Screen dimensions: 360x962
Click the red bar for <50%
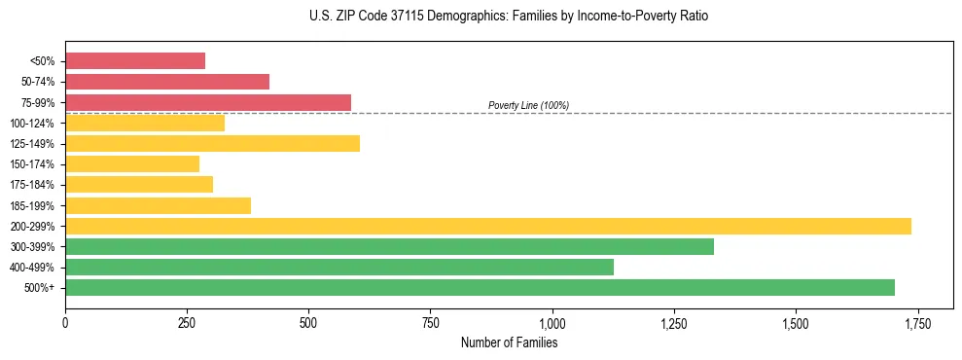tap(135, 61)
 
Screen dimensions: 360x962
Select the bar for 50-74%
tap(167, 82)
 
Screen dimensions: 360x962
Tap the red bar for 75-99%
tap(208, 102)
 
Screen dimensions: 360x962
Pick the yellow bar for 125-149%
tap(212, 144)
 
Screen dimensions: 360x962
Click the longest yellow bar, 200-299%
tap(488, 227)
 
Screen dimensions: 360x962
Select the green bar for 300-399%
tap(389, 247)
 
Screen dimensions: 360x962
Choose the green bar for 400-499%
tap(339, 268)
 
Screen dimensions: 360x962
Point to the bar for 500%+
tap(480, 288)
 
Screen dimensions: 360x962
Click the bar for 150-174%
tap(132, 164)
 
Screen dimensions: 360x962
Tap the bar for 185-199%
tap(158, 205)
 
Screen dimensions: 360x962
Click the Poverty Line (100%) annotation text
tap(528, 106)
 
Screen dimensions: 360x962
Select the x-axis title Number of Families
tap(509, 342)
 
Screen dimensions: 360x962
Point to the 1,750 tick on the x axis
tap(917, 322)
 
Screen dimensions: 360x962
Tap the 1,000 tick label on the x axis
tap(552, 322)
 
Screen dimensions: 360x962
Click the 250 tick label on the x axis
tap(187, 322)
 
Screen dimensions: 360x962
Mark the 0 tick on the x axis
tap(65, 322)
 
